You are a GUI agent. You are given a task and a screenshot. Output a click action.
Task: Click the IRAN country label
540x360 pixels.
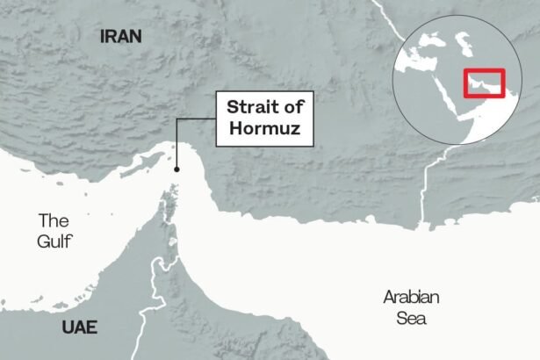coord(121,36)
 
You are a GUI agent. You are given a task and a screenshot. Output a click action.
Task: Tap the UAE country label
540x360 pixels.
coord(80,328)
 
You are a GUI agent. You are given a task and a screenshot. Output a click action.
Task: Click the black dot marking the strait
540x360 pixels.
coord(176,169)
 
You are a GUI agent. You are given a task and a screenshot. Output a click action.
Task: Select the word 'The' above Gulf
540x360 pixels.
coord(53,220)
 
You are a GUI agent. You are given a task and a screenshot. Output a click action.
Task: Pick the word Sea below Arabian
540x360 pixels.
coord(410,317)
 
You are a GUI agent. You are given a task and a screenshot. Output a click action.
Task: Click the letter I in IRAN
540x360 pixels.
coord(104,36)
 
